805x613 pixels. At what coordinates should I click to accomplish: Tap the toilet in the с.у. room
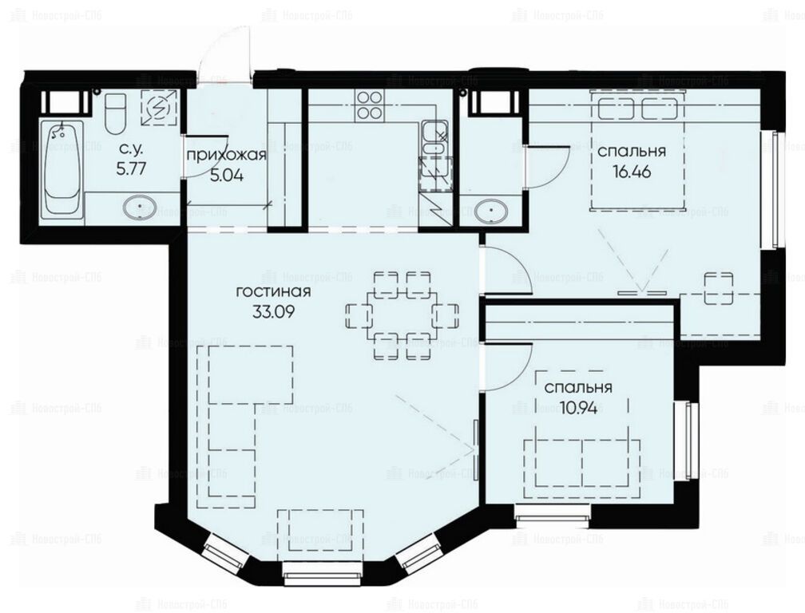pos(114,113)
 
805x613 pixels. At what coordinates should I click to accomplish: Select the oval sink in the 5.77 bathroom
pos(140,208)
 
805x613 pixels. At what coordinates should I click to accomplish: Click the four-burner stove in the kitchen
pos(369,105)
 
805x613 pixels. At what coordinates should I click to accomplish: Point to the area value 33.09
pos(273,311)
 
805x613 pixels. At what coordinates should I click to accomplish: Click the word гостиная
pos(273,292)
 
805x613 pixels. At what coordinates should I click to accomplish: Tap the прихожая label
pos(227,156)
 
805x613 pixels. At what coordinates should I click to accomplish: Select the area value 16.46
pos(632,172)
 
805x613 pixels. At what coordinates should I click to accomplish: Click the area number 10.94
pos(578,409)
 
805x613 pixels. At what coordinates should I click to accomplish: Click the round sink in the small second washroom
pos(491,211)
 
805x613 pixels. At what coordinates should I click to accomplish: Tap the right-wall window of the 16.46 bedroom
pos(777,189)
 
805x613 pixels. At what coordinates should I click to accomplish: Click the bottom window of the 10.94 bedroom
pos(553,515)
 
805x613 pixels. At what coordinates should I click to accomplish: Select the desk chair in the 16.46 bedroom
pos(718,288)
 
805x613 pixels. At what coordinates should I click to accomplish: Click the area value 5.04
pos(227,176)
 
